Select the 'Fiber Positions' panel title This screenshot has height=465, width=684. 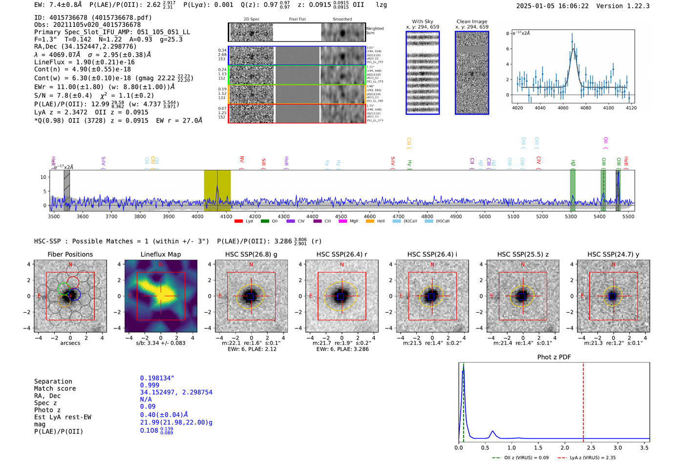pos(70,254)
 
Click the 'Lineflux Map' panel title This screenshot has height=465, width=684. pos(160,254)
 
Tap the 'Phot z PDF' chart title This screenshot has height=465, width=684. pos(554,357)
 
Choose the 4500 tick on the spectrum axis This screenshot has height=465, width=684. pos(341,217)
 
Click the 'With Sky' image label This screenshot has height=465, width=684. pos(422,21)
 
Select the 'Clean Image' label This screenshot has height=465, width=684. pos(471,21)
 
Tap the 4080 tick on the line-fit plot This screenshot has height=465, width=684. pos(585,108)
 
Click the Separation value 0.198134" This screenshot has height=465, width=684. pos(157,378)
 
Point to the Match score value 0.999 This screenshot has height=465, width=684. pos(150,385)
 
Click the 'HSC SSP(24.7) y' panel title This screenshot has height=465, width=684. pos(613,254)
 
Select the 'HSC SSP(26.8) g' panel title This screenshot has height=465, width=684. pos(251,254)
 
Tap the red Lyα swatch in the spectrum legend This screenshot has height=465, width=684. pos(238,221)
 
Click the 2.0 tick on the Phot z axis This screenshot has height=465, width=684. pos(564,447)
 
